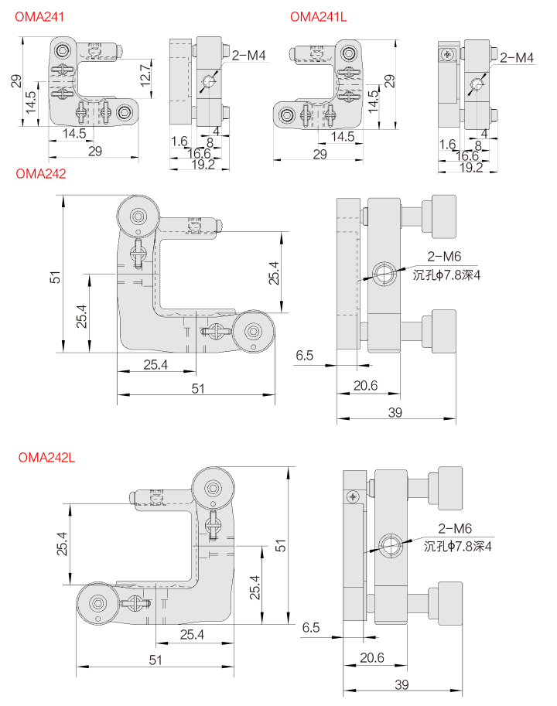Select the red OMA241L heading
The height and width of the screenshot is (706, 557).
point(319,15)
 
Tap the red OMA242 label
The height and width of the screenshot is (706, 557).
point(41,173)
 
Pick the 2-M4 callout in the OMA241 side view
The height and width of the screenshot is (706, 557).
point(248,55)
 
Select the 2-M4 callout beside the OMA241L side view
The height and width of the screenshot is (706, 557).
point(517,57)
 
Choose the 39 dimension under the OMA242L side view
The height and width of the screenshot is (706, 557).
point(402,684)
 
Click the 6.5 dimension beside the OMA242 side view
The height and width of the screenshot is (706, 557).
point(305,356)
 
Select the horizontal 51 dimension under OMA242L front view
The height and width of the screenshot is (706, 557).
point(155,660)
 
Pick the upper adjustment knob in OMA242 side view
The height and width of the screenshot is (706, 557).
point(444,213)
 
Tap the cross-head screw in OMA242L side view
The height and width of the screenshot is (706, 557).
point(354,496)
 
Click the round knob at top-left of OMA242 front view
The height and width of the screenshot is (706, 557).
point(138,217)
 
